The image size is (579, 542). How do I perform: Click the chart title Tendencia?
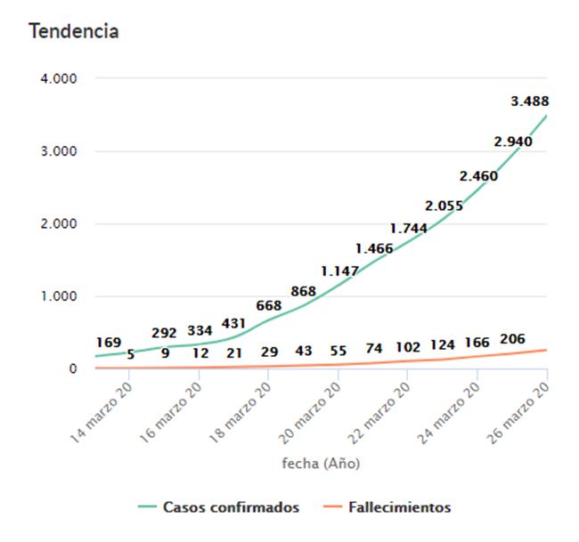(x=74, y=31)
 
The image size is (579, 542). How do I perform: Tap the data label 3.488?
(x=530, y=101)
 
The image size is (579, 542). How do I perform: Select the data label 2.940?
(x=513, y=142)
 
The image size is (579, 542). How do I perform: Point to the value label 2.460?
(x=479, y=175)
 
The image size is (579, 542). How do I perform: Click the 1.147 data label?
(x=340, y=271)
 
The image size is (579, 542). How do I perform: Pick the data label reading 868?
(x=305, y=291)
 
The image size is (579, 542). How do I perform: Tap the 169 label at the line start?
(x=109, y=342)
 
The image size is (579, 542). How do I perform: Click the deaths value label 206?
(x=513, y=339)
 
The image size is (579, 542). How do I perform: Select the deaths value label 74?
(x=373, y=348)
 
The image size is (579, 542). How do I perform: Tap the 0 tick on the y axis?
(x=72, y=368)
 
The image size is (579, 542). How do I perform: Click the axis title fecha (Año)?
(x=321, y=464)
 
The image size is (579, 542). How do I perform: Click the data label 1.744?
(x=409, y=228)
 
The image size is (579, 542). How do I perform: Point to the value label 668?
(x=269, y=306)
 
